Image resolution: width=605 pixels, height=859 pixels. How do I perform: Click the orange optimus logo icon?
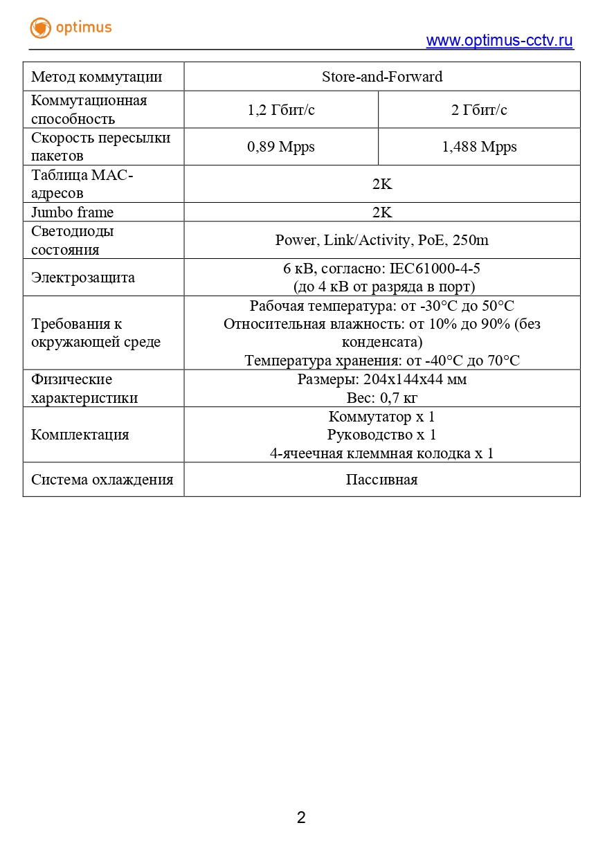[x=41, y=28]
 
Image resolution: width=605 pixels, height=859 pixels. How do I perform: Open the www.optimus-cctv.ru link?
[x=499, y=41]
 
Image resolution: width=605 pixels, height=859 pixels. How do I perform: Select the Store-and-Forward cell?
[x=382, y=77]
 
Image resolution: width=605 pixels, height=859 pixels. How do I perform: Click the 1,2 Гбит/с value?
[x=281, y=110]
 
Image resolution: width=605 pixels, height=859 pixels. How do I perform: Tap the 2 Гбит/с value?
[x=479, y=110]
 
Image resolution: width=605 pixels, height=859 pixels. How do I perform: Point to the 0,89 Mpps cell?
[x=281, y=147]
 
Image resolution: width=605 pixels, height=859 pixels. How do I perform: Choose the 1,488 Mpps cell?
[x=479, y=147]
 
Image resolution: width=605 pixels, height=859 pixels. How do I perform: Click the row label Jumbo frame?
[x=72, y=213]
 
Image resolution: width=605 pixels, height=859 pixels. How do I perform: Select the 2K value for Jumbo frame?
[x=382, y=213]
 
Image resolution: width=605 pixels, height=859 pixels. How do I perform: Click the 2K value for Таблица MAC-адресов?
[x=382, y=184]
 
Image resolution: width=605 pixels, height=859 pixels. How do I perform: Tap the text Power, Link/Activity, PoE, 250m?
[x=382, y=240]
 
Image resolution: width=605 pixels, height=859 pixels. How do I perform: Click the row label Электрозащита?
[x=83, y=278]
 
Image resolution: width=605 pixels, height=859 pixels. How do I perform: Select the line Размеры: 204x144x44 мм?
[x=382, y=379]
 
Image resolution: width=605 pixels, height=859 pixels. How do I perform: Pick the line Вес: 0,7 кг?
[x=382, y=398]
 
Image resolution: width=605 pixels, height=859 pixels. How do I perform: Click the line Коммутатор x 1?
[x=382, y=417]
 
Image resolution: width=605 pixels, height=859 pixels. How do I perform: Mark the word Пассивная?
[x=382, y=480]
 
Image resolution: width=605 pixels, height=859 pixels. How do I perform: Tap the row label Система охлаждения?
[x=102, y=480]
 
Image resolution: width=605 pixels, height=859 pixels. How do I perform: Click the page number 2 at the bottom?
[x=301, y=817]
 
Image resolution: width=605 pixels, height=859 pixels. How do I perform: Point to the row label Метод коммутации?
[x=97, y=77]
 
